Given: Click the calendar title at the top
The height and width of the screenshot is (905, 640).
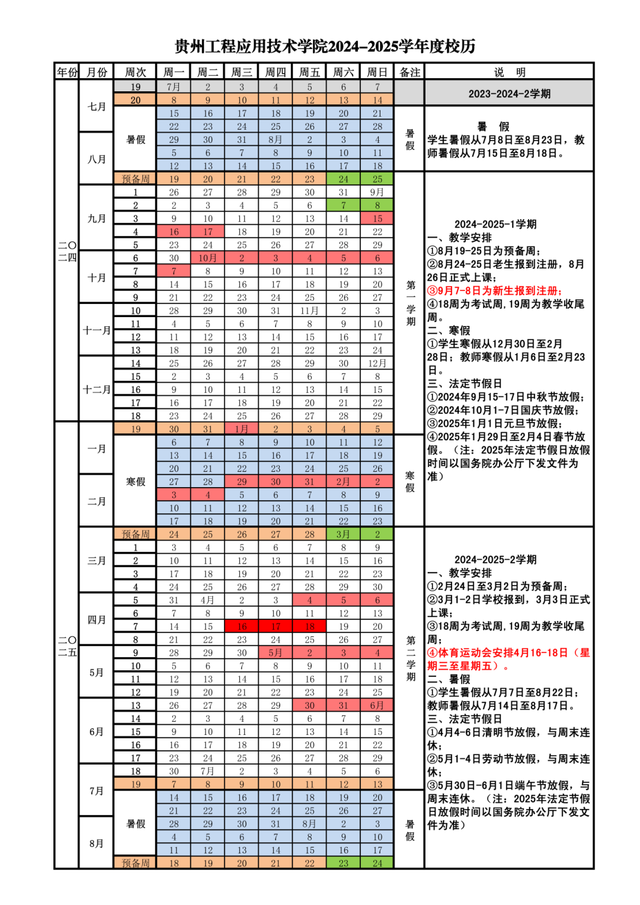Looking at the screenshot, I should pos(325,46).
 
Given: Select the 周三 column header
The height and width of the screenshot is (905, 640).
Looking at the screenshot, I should pos(241,72).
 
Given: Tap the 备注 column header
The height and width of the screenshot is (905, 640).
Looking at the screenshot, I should pos(409,72).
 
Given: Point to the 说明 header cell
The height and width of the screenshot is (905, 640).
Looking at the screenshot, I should pos(509,72).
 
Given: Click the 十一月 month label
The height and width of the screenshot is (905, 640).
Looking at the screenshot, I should pos(97,330).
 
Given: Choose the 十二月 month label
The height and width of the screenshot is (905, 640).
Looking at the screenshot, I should pos(97,389).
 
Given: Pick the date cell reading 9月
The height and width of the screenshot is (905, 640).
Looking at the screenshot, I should pos(377,192).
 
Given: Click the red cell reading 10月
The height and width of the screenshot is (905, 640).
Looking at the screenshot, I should pos(207,258).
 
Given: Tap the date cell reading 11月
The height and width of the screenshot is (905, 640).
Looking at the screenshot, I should pos(309,311).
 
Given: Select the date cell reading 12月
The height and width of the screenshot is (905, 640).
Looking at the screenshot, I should pos(377,363).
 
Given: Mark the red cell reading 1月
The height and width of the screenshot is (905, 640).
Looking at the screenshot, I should pos(241,429).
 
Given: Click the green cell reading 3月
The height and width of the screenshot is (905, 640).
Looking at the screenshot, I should pos(343,534).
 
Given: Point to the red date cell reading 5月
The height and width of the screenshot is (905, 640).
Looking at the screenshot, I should pos(276,653).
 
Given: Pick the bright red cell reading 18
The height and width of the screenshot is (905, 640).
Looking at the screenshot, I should pos(309,626).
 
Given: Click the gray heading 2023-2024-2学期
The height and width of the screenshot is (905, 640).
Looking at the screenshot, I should pos(509,94).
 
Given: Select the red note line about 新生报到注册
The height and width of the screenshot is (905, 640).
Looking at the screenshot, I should pos(494,290).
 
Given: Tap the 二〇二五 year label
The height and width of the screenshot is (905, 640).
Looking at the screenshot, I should pos(67,646).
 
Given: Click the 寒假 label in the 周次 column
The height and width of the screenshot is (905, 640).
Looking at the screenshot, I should pos(135,482).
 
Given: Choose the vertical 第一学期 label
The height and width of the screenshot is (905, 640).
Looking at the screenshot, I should pos(410,303).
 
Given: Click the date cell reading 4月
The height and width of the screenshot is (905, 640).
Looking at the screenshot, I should pos(207,600).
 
